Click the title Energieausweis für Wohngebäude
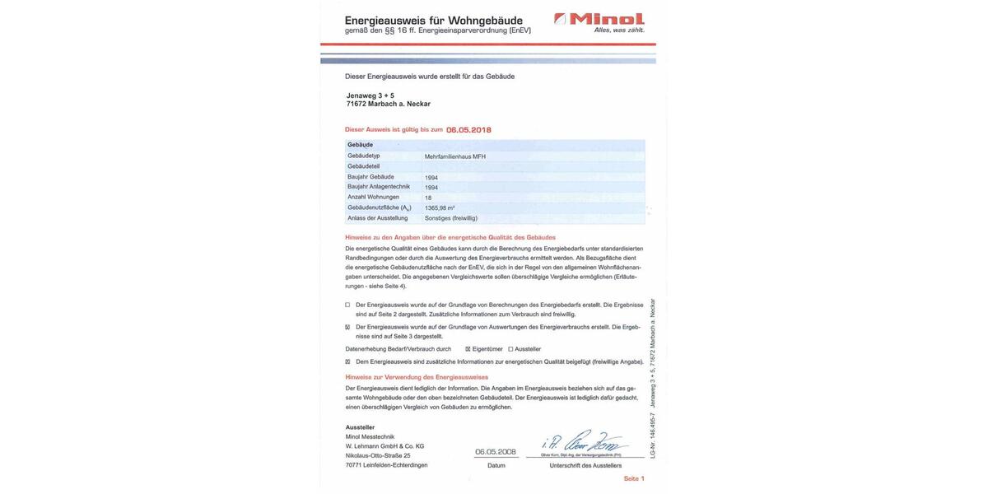433,20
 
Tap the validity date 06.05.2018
468,129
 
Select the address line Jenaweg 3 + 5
370,96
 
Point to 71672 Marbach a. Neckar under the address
388,104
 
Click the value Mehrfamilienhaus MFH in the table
454,156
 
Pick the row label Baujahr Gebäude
370,177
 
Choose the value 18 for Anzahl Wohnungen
428,198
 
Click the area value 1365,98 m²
440,208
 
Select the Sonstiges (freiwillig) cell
450,218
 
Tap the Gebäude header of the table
360,145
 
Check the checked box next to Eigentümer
468,349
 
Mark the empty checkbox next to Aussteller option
510,349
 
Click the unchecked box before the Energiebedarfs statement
347,305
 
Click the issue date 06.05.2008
496,452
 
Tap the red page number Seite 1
633,478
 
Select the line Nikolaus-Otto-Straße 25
378,455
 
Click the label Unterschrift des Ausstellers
585,466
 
